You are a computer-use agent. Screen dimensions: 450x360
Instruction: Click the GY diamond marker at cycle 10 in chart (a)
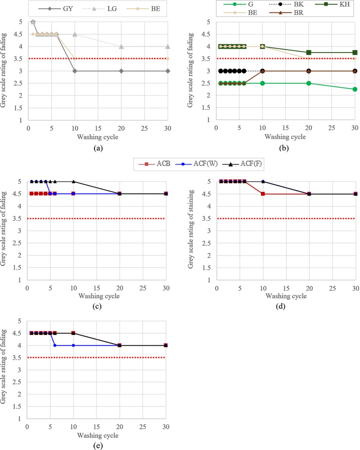[74, 71]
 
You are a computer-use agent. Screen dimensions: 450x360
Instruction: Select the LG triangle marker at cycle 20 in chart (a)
[121, 46]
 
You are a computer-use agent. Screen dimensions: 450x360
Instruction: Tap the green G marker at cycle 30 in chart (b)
[355, 89]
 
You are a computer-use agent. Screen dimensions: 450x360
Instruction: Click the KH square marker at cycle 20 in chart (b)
[309, 53]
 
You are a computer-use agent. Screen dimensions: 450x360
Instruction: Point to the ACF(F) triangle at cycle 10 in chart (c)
[74, 182]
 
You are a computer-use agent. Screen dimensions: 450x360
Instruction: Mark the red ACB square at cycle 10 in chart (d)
[263, 194]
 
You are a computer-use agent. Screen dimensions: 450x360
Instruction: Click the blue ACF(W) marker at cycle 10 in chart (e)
[74, 345]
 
